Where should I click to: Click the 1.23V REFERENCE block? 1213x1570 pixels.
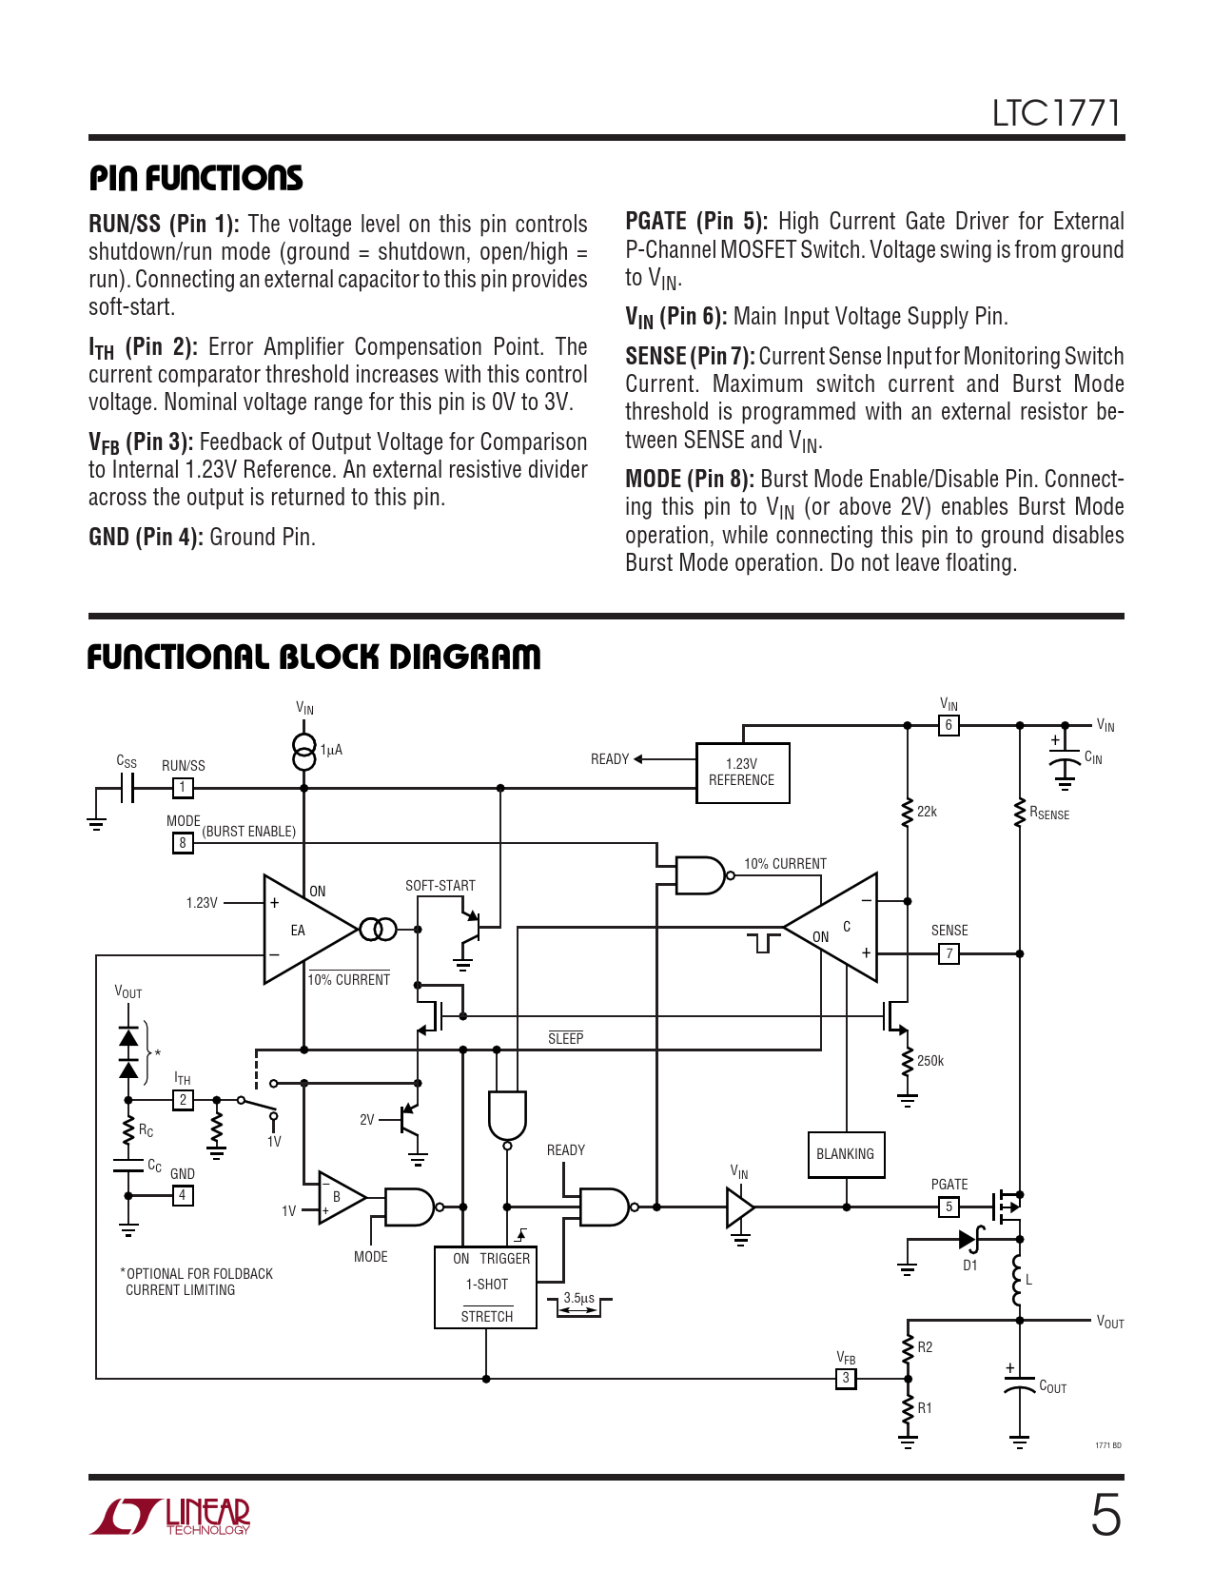742,773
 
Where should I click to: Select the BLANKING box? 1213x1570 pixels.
845,1154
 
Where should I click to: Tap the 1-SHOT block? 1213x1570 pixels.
485,1286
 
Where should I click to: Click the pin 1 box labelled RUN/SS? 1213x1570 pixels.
183,788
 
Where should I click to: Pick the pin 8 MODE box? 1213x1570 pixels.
183,842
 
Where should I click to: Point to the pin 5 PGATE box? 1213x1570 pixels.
949,1207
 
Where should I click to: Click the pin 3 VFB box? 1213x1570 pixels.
846,1379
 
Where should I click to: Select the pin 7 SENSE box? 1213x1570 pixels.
949,953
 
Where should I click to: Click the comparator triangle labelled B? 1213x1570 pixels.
342,1198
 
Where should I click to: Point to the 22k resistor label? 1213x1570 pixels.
927,812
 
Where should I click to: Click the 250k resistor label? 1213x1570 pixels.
930,1061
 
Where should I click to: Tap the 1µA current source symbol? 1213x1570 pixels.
304,752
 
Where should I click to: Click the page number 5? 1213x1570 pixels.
1105,1515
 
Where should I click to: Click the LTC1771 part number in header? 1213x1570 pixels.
1057,113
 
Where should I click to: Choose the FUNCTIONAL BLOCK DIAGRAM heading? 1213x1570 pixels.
314,657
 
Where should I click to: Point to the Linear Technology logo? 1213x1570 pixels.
170,1516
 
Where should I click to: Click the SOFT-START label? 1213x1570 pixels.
440,885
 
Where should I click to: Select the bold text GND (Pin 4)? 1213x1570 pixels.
146,537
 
